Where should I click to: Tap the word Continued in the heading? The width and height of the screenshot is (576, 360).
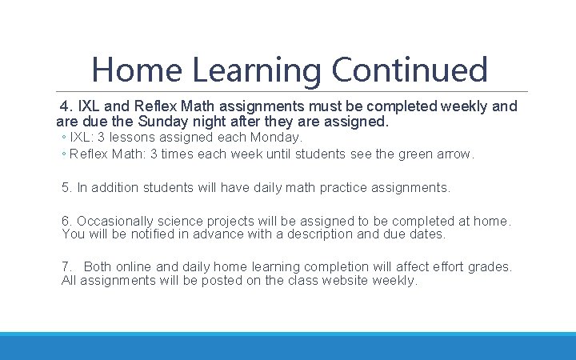[410, 70]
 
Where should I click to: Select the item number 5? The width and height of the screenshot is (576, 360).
[66, 188]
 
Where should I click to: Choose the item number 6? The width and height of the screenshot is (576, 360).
[66, 221]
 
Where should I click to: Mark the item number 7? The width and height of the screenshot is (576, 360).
[66, 266]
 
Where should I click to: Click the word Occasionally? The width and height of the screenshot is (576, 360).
[115, 221]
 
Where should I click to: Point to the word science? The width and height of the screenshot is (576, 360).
[182, 221]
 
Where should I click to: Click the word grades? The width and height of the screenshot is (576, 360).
[490, 266]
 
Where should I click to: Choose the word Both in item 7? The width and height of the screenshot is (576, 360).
[98, 266]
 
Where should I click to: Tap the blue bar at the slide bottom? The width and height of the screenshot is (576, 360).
[288, 346]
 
